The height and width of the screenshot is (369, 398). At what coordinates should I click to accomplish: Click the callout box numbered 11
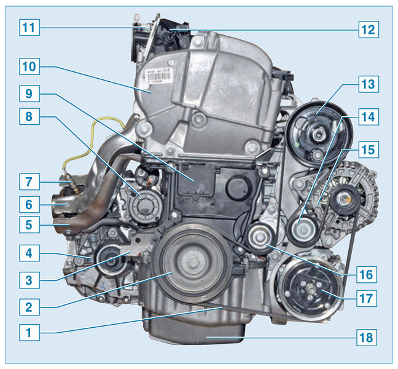(29, 27)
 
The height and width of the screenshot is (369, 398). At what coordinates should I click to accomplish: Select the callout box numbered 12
(369, 30)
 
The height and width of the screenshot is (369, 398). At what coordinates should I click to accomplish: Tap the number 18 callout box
(367, 338)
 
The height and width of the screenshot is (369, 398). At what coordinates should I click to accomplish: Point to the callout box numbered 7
(29, 181)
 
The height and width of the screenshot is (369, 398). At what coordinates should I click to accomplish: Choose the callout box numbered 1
(29, 332)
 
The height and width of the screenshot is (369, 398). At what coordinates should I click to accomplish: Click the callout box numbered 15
(369, 149)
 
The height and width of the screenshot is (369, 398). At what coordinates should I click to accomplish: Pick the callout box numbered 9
(29, 93)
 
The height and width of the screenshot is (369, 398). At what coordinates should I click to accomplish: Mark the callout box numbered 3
(29, 280)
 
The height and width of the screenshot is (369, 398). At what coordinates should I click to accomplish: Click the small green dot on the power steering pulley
(297, 145)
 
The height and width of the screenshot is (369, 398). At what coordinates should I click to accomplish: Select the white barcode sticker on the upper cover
(159, 75)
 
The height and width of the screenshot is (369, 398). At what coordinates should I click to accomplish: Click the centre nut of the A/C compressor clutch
(310, 288)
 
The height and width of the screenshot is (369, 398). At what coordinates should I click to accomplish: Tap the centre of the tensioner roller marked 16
(260, 237)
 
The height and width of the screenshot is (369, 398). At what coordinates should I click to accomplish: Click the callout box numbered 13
(369, 84)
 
